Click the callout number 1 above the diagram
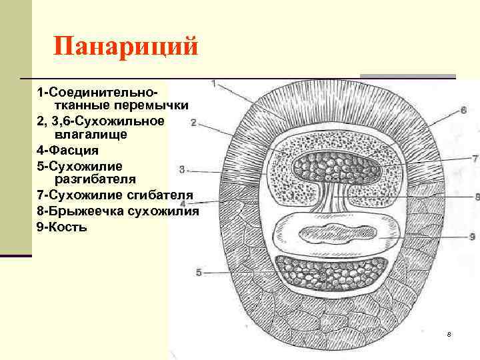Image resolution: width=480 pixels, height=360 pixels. [x=213, y=84]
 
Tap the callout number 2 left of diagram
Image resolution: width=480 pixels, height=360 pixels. [x=193, y=123]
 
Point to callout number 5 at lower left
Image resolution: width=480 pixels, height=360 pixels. [x=198, y=272]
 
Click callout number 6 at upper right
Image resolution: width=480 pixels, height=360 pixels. [x=463, y=110]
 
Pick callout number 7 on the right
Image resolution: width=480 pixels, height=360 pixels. [x=475, y=159]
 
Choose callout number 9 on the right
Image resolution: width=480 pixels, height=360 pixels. [x=471, y=236]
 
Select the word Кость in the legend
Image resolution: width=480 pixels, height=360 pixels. [x=74, y=227]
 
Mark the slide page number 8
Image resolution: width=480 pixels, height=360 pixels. [x=449, y=333]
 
